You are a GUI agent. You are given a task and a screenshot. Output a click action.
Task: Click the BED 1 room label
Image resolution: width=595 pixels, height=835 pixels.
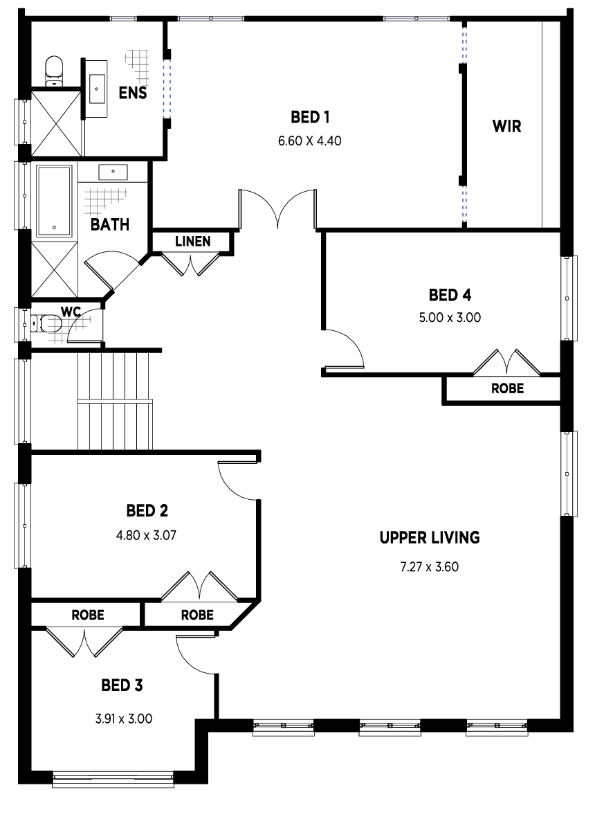(x=310, y=117)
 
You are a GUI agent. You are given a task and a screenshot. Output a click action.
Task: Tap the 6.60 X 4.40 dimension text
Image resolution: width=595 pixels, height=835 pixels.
(x=310, y=141)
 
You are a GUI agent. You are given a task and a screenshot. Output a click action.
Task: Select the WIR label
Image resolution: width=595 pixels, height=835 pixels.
(x=506, y=127)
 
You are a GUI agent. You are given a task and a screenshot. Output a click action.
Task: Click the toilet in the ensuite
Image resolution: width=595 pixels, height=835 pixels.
(x=54, y=71)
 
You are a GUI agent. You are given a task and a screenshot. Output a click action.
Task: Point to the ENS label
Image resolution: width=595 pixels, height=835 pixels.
(x=133, y=93)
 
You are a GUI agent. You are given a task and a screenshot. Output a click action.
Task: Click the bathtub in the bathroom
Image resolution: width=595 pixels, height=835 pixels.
(x=54, y=201)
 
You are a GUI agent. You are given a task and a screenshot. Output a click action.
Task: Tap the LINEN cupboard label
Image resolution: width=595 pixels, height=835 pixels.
(x=192, y=242)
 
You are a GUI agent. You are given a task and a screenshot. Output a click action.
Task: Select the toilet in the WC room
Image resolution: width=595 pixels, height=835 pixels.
(x=46, y=323)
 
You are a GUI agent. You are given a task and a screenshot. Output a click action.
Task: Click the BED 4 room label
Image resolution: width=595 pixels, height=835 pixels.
(x=450, y=295)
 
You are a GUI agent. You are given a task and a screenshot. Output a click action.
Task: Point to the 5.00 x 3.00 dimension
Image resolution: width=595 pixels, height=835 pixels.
(x=450, y=318)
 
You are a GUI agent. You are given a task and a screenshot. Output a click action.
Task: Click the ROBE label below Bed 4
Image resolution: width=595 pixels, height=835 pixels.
(x=507, y=388)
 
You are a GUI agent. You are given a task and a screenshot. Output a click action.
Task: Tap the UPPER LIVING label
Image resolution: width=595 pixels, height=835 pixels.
(x=430, y=537)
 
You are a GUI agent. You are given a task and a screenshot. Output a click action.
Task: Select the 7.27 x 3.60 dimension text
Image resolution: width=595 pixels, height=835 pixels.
(x=429, y=566)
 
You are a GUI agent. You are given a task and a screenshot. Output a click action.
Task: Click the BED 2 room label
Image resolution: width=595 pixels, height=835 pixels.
(x=147, y=511)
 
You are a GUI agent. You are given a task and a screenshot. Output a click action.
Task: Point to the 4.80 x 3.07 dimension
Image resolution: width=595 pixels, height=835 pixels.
(x=146, y=535)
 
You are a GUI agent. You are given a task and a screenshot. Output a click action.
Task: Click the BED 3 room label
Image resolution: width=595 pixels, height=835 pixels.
(x=122, y=685)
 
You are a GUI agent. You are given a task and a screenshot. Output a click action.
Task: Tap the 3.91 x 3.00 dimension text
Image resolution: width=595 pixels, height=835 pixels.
(x=124, y=718)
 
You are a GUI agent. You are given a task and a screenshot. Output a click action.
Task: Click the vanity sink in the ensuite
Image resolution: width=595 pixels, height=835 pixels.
(x=97, y=89)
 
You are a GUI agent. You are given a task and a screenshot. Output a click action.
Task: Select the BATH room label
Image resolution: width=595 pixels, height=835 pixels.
(x=110, y=225)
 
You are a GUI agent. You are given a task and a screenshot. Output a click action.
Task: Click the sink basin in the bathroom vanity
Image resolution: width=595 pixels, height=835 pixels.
(x=113, y=172)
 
